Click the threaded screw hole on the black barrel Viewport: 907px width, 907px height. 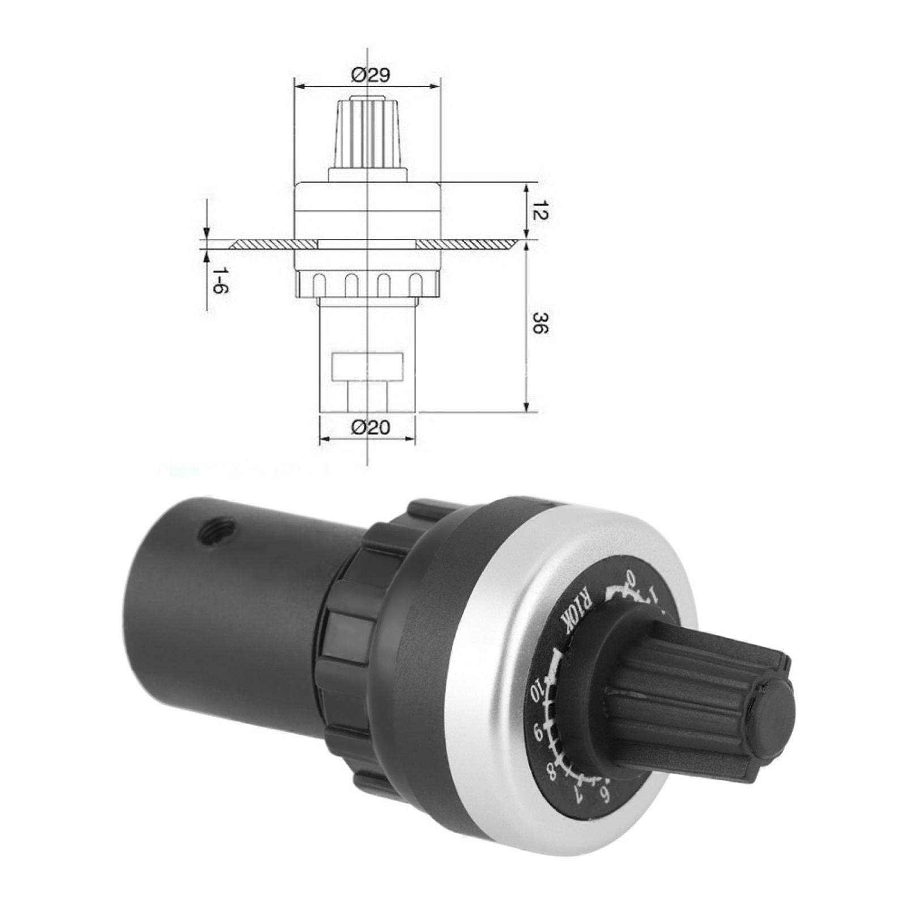(x=199, y=533)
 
